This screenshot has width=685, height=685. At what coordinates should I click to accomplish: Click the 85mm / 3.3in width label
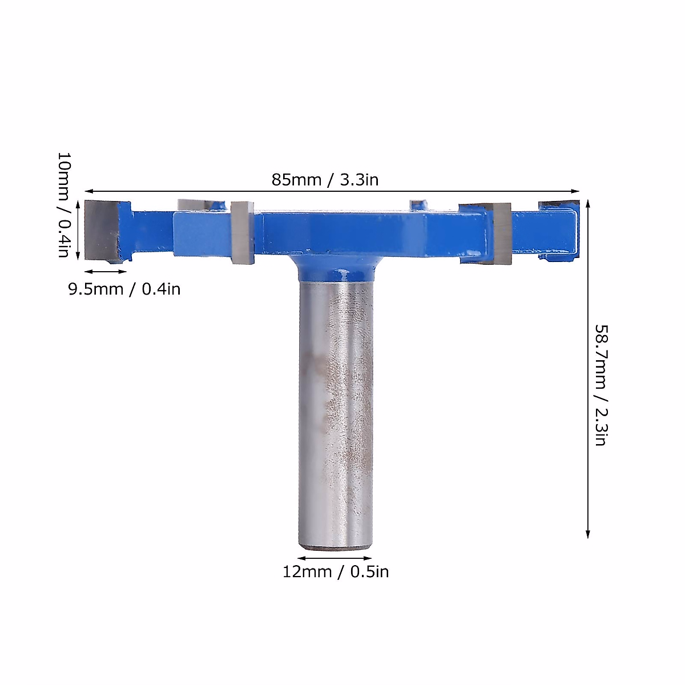point(325,180)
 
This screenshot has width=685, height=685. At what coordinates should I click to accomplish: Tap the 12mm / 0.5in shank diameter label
point(336,571)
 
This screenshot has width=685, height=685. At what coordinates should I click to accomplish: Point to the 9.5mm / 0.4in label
point(124,289)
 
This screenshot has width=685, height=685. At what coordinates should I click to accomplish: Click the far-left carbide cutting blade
point(102,230)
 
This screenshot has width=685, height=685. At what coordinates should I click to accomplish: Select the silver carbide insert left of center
point(243,233)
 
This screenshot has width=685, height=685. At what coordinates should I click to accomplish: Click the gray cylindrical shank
point(336,411)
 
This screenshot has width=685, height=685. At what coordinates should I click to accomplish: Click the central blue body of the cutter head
point(365,231)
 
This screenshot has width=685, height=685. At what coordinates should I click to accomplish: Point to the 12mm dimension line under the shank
point(335,558)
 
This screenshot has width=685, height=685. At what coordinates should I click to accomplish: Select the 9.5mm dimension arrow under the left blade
point(106,272)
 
